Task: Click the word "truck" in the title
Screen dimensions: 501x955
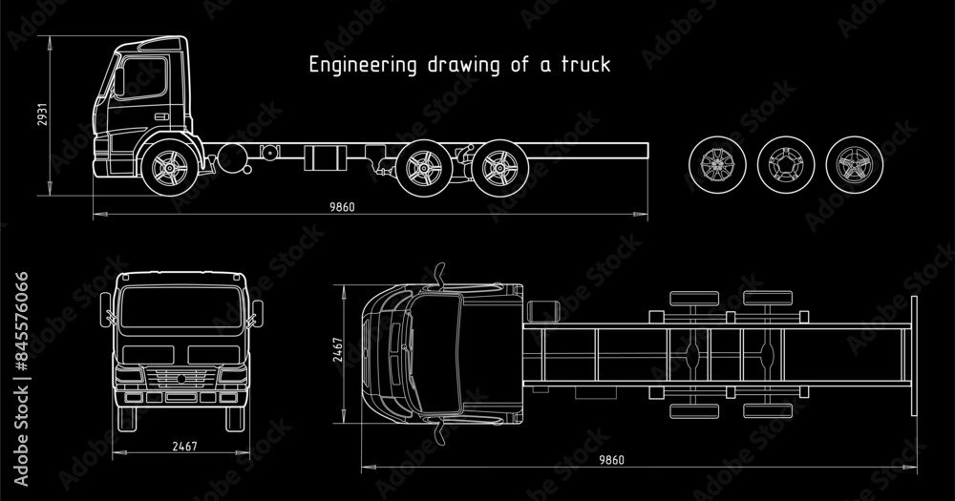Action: (x=587, y=66)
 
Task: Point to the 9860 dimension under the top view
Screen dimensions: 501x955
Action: (x=611, y=460)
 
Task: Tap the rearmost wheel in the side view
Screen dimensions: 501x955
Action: (x=496, y=169)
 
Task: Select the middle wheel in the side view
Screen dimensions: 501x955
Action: (x=417, y=169)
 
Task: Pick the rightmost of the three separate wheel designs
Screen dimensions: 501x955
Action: (x=849, y=163)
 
